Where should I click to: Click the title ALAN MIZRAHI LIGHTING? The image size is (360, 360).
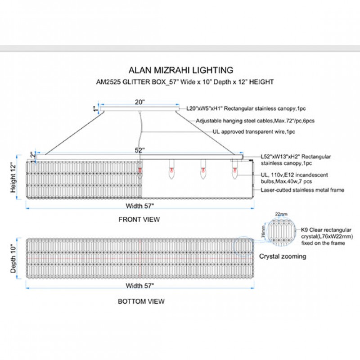(x=181, y=70)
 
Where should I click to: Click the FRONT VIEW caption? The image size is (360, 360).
(x=139, y=220)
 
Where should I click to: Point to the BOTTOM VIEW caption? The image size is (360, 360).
(x=141, y=301)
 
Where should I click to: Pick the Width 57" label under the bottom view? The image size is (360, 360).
(x=140, y=286)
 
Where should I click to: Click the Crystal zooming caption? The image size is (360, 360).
(x=283, y=256)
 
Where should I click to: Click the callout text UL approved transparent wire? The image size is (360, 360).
(x=254, y=132)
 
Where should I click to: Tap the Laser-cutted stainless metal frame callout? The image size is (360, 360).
(x=302, y=190)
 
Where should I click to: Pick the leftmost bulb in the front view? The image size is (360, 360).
(x=140, y=171)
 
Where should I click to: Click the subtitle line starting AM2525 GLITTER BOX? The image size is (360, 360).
(x=185, y=82)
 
